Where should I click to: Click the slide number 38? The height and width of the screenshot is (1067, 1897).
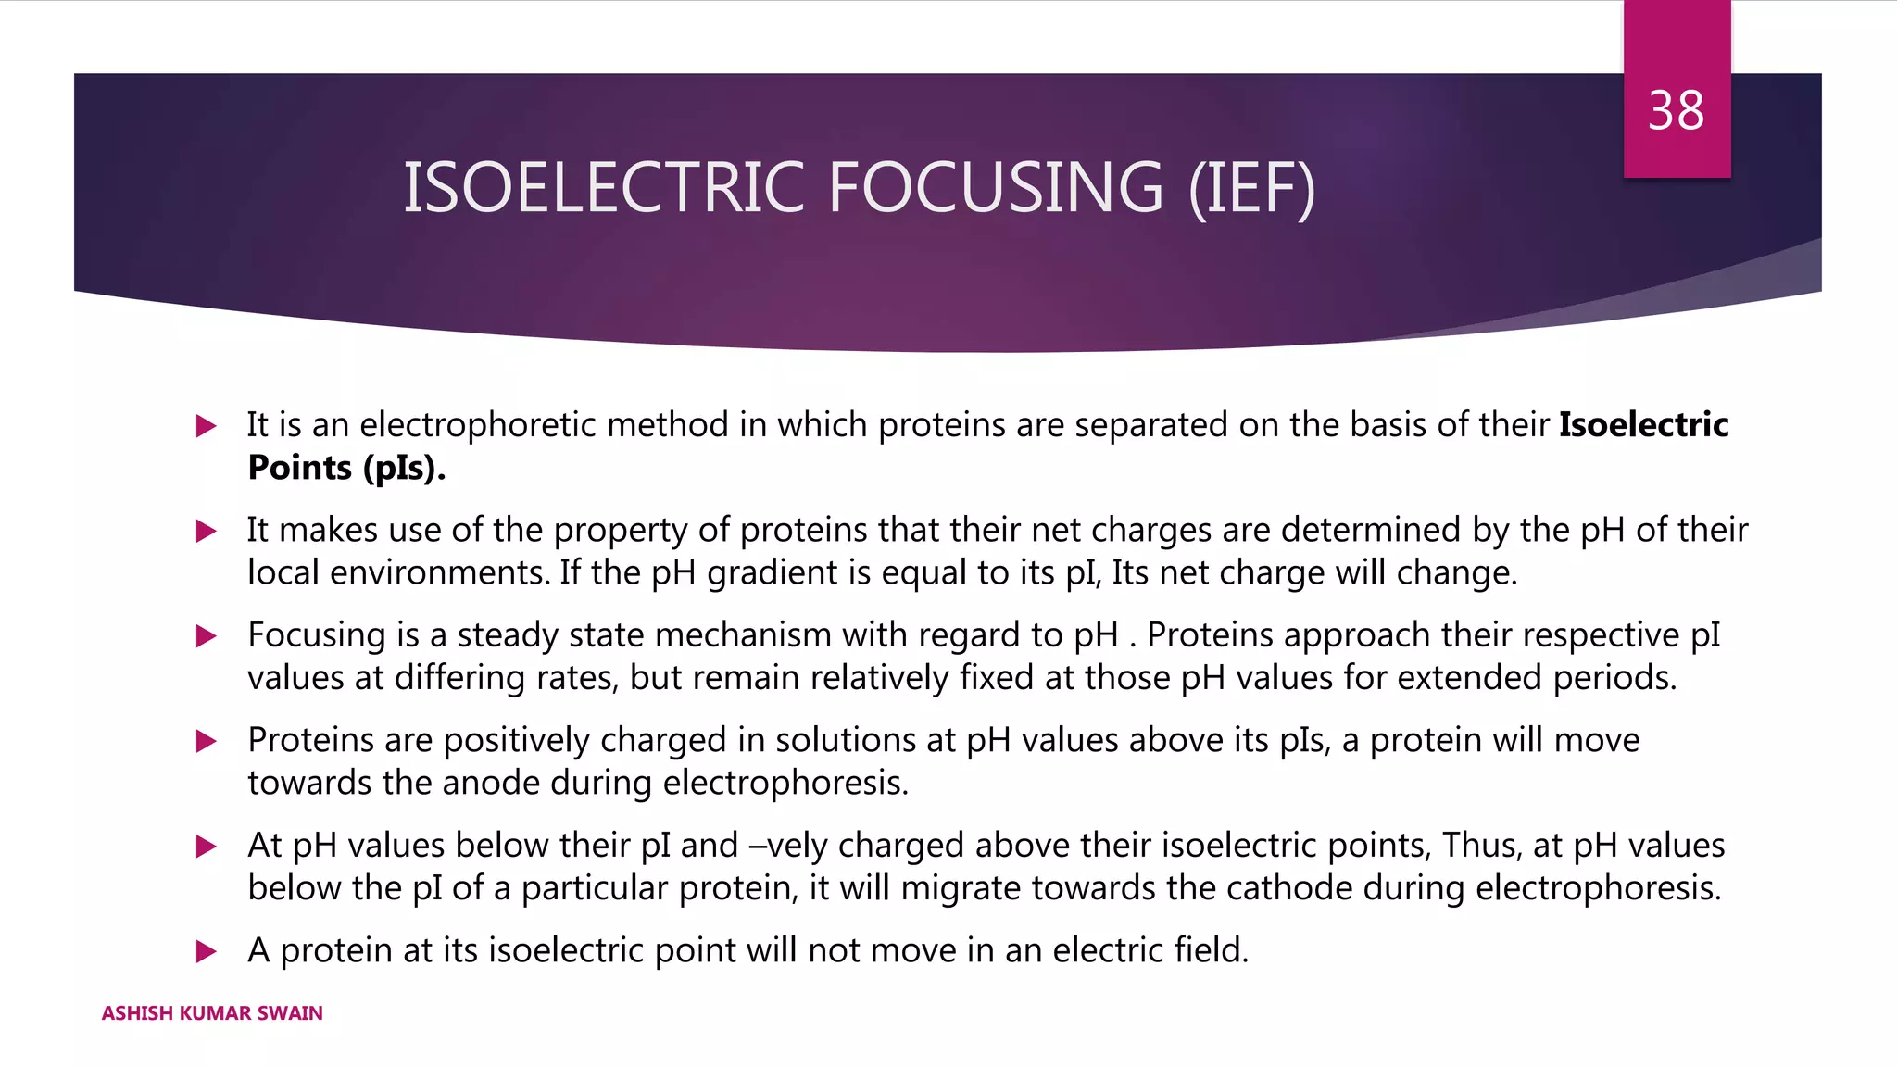[1676, 111]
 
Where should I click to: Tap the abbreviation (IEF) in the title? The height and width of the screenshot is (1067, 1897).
[1251, 188]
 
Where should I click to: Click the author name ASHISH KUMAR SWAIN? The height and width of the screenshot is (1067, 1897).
[212, 1013]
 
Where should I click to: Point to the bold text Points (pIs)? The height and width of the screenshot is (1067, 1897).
[346, 468]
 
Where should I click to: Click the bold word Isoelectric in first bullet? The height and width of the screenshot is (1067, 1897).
[1643, 425]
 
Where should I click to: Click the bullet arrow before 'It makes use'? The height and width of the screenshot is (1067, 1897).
[206, 531]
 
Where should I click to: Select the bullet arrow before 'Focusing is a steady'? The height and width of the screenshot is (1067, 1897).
[206, 636]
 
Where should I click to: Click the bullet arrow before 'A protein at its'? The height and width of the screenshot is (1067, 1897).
[206, 951]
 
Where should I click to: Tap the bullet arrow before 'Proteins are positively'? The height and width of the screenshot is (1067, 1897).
[206, 741]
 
